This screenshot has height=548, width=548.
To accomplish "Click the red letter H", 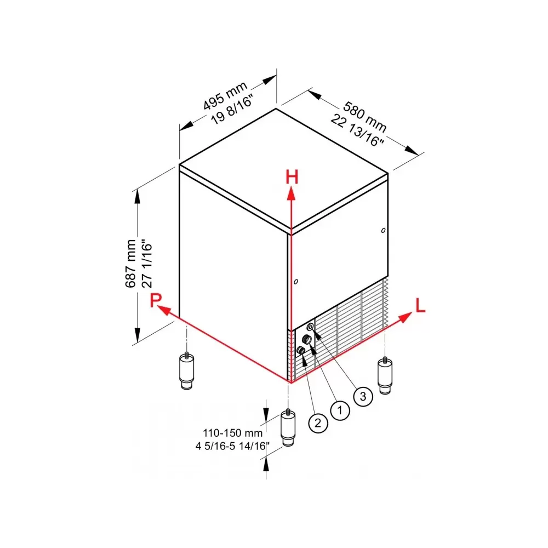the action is (x=292, y=177).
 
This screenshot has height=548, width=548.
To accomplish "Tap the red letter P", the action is (x=156, y=300).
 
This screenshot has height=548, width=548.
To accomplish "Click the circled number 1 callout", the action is (x=340, y=410).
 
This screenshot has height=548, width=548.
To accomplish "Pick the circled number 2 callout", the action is (x=318, y=423).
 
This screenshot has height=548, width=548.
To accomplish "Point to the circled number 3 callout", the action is (x=363, y=396).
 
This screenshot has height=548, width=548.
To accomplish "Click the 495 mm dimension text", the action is (x=225, y=95).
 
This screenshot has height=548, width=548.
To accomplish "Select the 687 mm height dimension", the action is (x=130, y=264).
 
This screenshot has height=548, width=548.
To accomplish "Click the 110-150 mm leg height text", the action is (x=232, y=433).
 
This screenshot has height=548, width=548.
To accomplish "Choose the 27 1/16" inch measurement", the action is (x=147, y=264).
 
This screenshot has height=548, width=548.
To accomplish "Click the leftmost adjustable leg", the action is (x=187, y=371).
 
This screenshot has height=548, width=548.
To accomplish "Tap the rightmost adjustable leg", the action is (x=385, y=375).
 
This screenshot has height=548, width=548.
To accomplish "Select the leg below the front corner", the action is (x=288, y=427).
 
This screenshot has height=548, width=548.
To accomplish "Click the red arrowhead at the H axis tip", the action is (x=291, y=193).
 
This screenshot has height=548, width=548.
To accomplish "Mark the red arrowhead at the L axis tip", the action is (x=406, y=317).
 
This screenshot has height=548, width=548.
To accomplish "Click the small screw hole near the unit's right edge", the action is (x=384, y=230).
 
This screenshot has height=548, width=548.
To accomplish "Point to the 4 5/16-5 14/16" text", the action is (x=232, y=446).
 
